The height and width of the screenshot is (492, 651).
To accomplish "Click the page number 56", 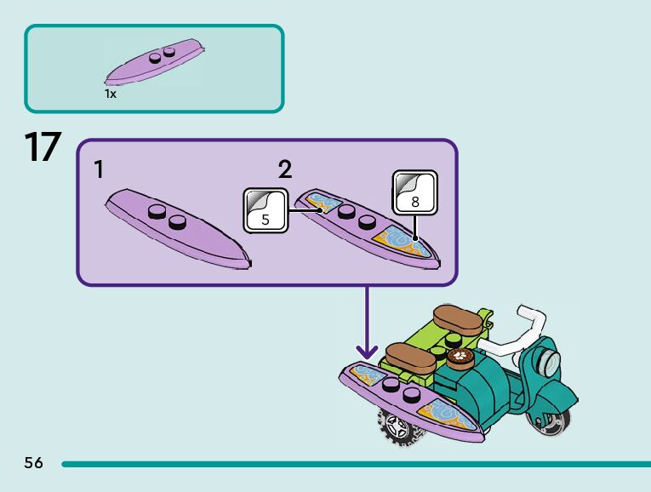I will [x=33, y=463].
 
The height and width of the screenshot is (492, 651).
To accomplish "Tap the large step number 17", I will [x=43, y=147].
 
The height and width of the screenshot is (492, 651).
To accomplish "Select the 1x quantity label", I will [x=111, y=94].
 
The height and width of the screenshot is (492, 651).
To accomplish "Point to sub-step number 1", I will [x=100, y=170].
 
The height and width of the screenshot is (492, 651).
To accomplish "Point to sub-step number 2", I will [x=284, y=169].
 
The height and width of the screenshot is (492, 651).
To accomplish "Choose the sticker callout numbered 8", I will [x=414, y=192].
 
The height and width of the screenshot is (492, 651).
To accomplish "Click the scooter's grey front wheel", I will [x=554, y=422].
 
